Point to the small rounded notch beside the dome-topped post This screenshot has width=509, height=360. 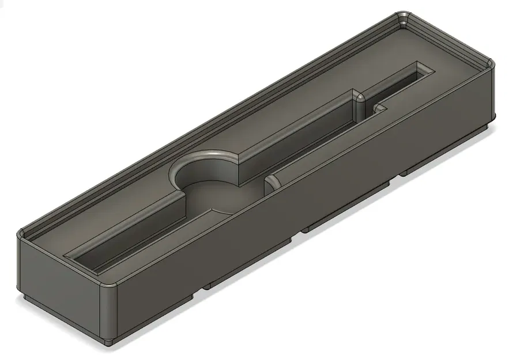tap(379, 108)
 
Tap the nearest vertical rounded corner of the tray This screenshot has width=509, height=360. tap(110, 311)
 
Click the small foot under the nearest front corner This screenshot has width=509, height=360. tap(110, 342)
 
